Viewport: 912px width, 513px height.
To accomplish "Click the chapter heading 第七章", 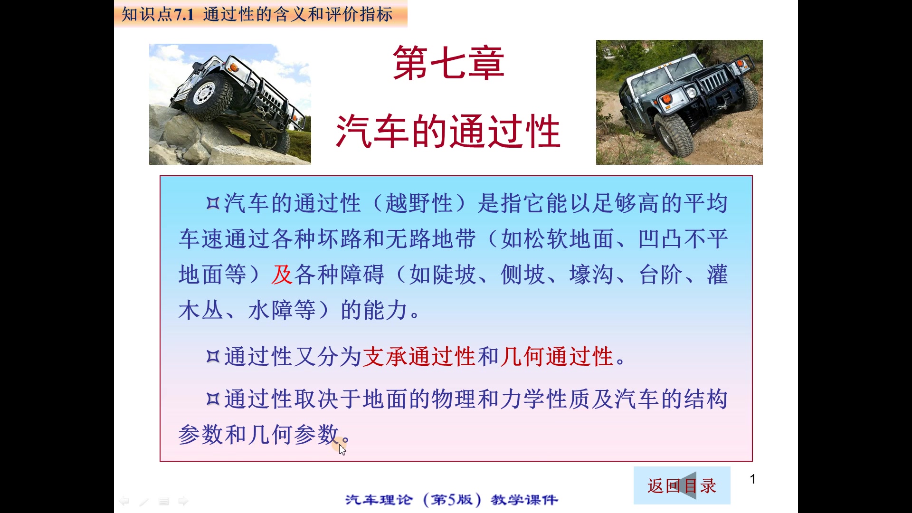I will coord(448,63).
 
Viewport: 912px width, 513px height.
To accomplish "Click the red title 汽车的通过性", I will coord(448,132).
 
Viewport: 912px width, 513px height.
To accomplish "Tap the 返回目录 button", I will coord(682,485).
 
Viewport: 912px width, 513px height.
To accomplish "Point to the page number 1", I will coord(752,479).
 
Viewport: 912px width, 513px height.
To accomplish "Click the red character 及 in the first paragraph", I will coord(282,275).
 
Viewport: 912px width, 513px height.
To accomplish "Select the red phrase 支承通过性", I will coord(419,357).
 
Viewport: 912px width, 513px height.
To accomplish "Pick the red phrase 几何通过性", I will coord(557,357).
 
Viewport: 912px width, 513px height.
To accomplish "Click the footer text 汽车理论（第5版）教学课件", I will coord(451,500).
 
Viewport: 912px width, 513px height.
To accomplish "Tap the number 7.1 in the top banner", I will coord(184,15).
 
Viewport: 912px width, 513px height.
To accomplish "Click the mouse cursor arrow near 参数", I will coord(342,449).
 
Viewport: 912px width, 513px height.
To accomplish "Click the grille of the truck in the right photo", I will coord(712,82).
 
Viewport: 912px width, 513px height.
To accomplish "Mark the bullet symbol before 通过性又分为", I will coord(213,356).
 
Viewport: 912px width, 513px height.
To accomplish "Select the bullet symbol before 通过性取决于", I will coord(213,399).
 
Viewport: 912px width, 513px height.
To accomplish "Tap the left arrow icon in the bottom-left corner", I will coord(124,501).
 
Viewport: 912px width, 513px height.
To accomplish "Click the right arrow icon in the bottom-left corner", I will coord(183,501).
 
